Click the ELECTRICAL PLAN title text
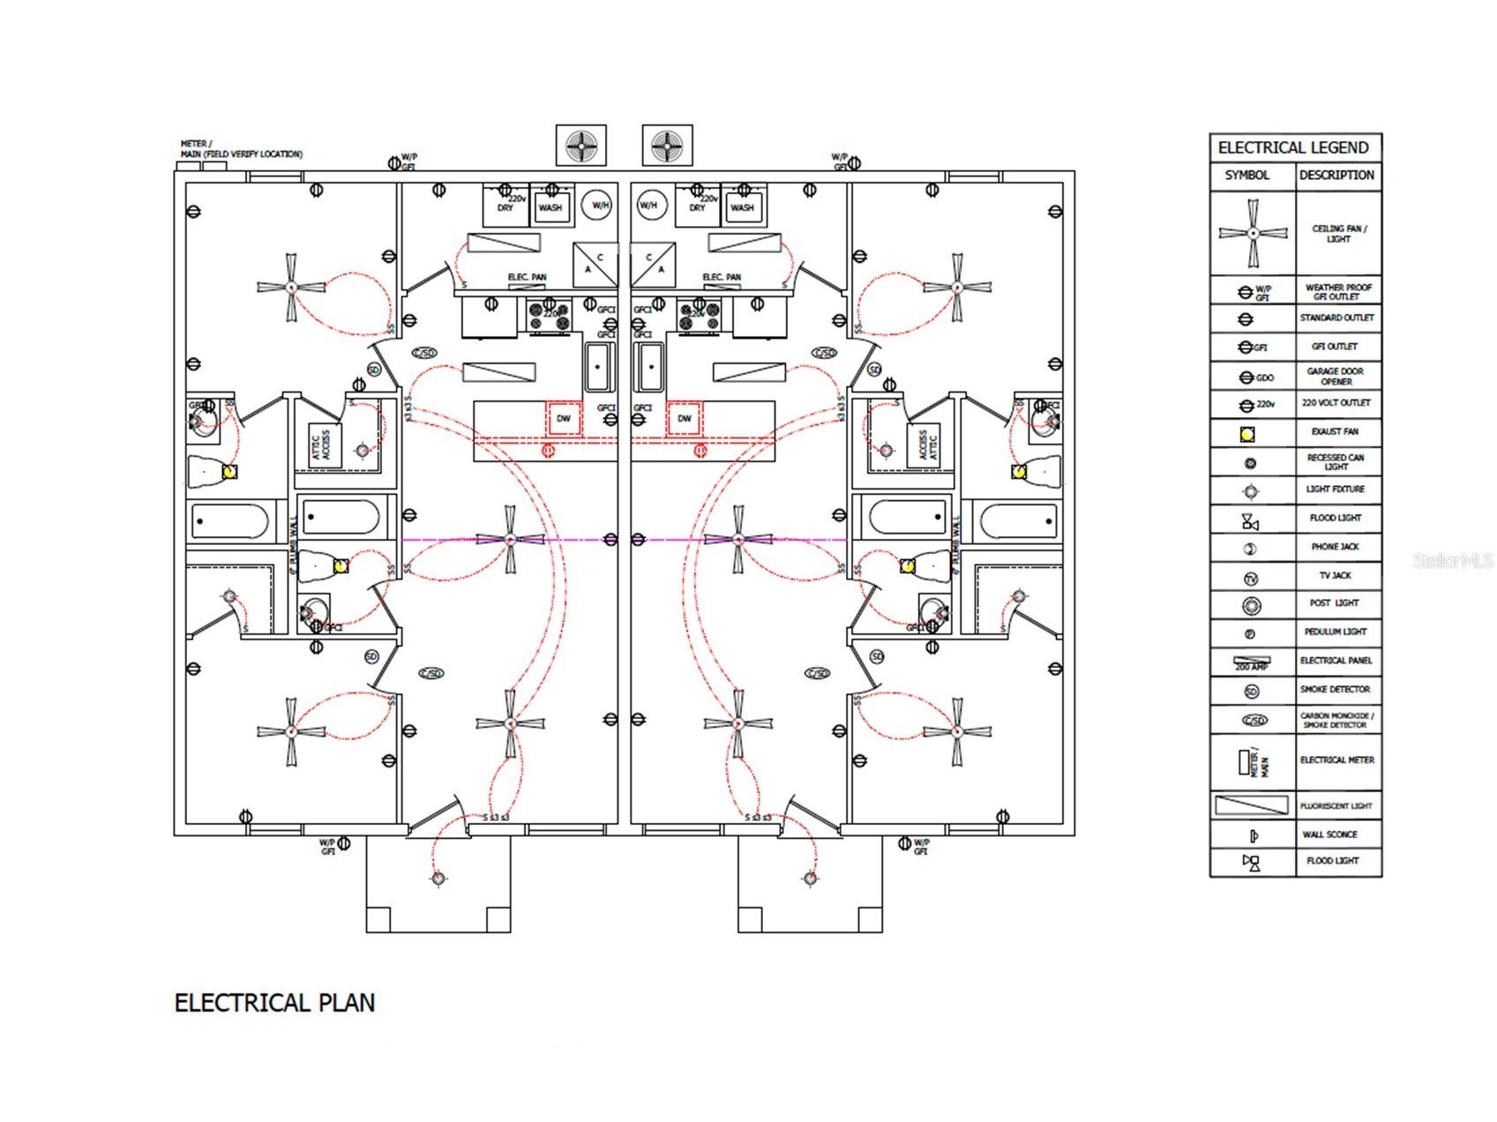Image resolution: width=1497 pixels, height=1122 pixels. coord(274,1003)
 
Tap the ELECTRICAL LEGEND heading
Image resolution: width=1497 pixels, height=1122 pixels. coord(1293,147)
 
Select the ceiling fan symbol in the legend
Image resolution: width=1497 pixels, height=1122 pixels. coord(1253,233)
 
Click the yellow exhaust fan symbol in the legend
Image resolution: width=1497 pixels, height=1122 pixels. coord(1247,433)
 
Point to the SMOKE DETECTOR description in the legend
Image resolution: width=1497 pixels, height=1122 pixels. coord(1336,690)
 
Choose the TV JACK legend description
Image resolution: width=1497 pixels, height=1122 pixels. coord(1336,575)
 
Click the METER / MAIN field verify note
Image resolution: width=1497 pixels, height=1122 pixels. coord(241,149)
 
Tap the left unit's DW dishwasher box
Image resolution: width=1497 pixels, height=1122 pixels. coord(564,419)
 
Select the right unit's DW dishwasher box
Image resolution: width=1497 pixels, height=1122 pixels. coord(684,419)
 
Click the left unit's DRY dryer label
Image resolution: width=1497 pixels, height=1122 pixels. coord(505,209)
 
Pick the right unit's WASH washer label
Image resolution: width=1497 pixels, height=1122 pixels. coord(743,209)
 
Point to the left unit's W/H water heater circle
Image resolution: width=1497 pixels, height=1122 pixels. coord(600,206)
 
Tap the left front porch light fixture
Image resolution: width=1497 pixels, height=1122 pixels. coord(438,878)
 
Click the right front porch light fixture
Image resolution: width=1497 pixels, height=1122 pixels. coord(810,878)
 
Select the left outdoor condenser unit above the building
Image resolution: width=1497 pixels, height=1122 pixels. coord(580,145)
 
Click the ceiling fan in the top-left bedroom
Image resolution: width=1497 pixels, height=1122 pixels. coord(291,287)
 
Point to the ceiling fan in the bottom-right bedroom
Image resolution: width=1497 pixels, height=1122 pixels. coord(957,730)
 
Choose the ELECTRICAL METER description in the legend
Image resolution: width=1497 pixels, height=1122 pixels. coord(1336,760)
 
